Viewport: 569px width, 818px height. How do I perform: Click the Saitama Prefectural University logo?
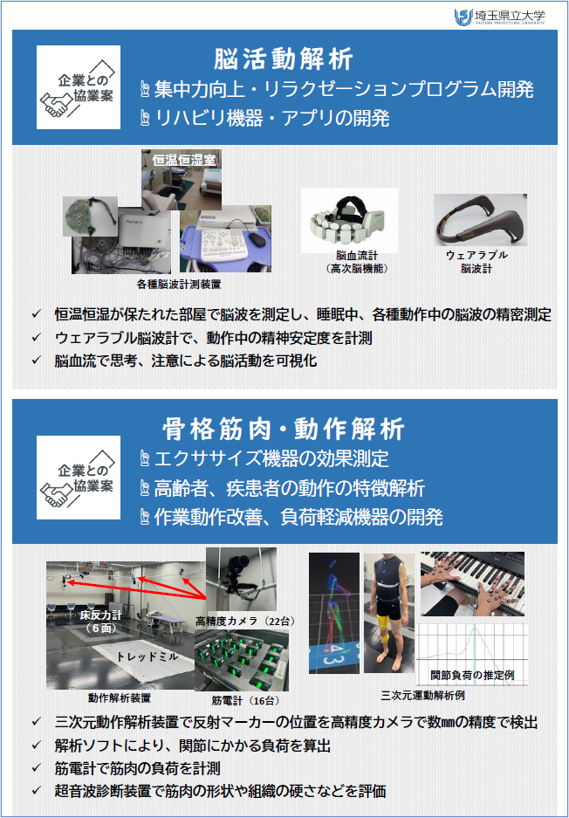[x=498, y=17]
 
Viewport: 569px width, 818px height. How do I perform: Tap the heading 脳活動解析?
[x=284, y=59]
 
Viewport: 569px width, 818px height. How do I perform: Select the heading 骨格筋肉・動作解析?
[x=284, y=430]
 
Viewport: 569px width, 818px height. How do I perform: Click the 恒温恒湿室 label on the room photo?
[x=184, y=160]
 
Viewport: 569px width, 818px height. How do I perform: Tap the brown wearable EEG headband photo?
[x=480, y=220]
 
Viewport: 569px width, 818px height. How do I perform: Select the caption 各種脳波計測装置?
[x=178, y=285]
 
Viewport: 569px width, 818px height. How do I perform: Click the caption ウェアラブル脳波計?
[x=476, y=261]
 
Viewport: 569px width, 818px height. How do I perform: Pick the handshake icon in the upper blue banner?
[x=56, y=104]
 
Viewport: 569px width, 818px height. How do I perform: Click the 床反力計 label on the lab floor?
[x=100, y=622]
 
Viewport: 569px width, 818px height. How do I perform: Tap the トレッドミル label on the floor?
[x=147, y=656]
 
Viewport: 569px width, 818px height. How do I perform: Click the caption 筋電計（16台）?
[x=245, y=700]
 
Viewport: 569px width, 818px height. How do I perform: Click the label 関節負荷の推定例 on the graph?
[x=472, y=675]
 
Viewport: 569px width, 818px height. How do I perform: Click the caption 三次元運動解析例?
[x=422, y=696]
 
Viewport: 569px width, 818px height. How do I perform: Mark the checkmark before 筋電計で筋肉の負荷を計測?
[x=36, y=767]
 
